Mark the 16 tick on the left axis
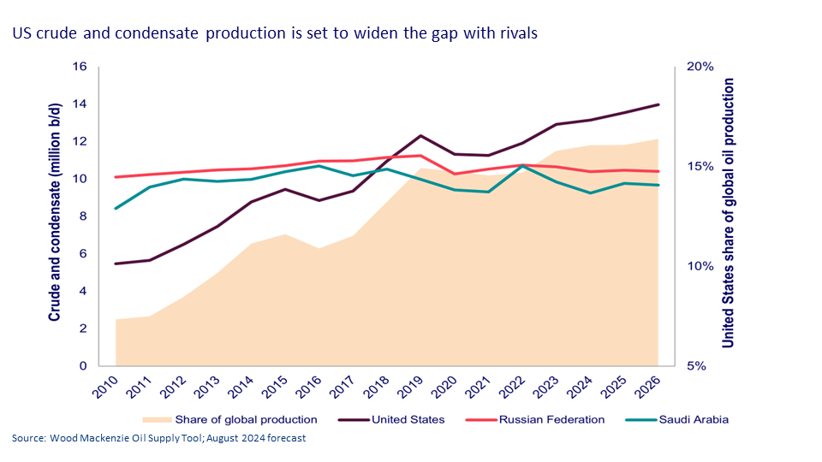82,67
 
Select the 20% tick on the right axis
700,67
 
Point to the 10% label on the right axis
700,266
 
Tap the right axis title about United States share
729,212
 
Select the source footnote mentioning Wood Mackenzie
158,439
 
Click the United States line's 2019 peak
420,136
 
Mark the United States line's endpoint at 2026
658,104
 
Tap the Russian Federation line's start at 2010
116,177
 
